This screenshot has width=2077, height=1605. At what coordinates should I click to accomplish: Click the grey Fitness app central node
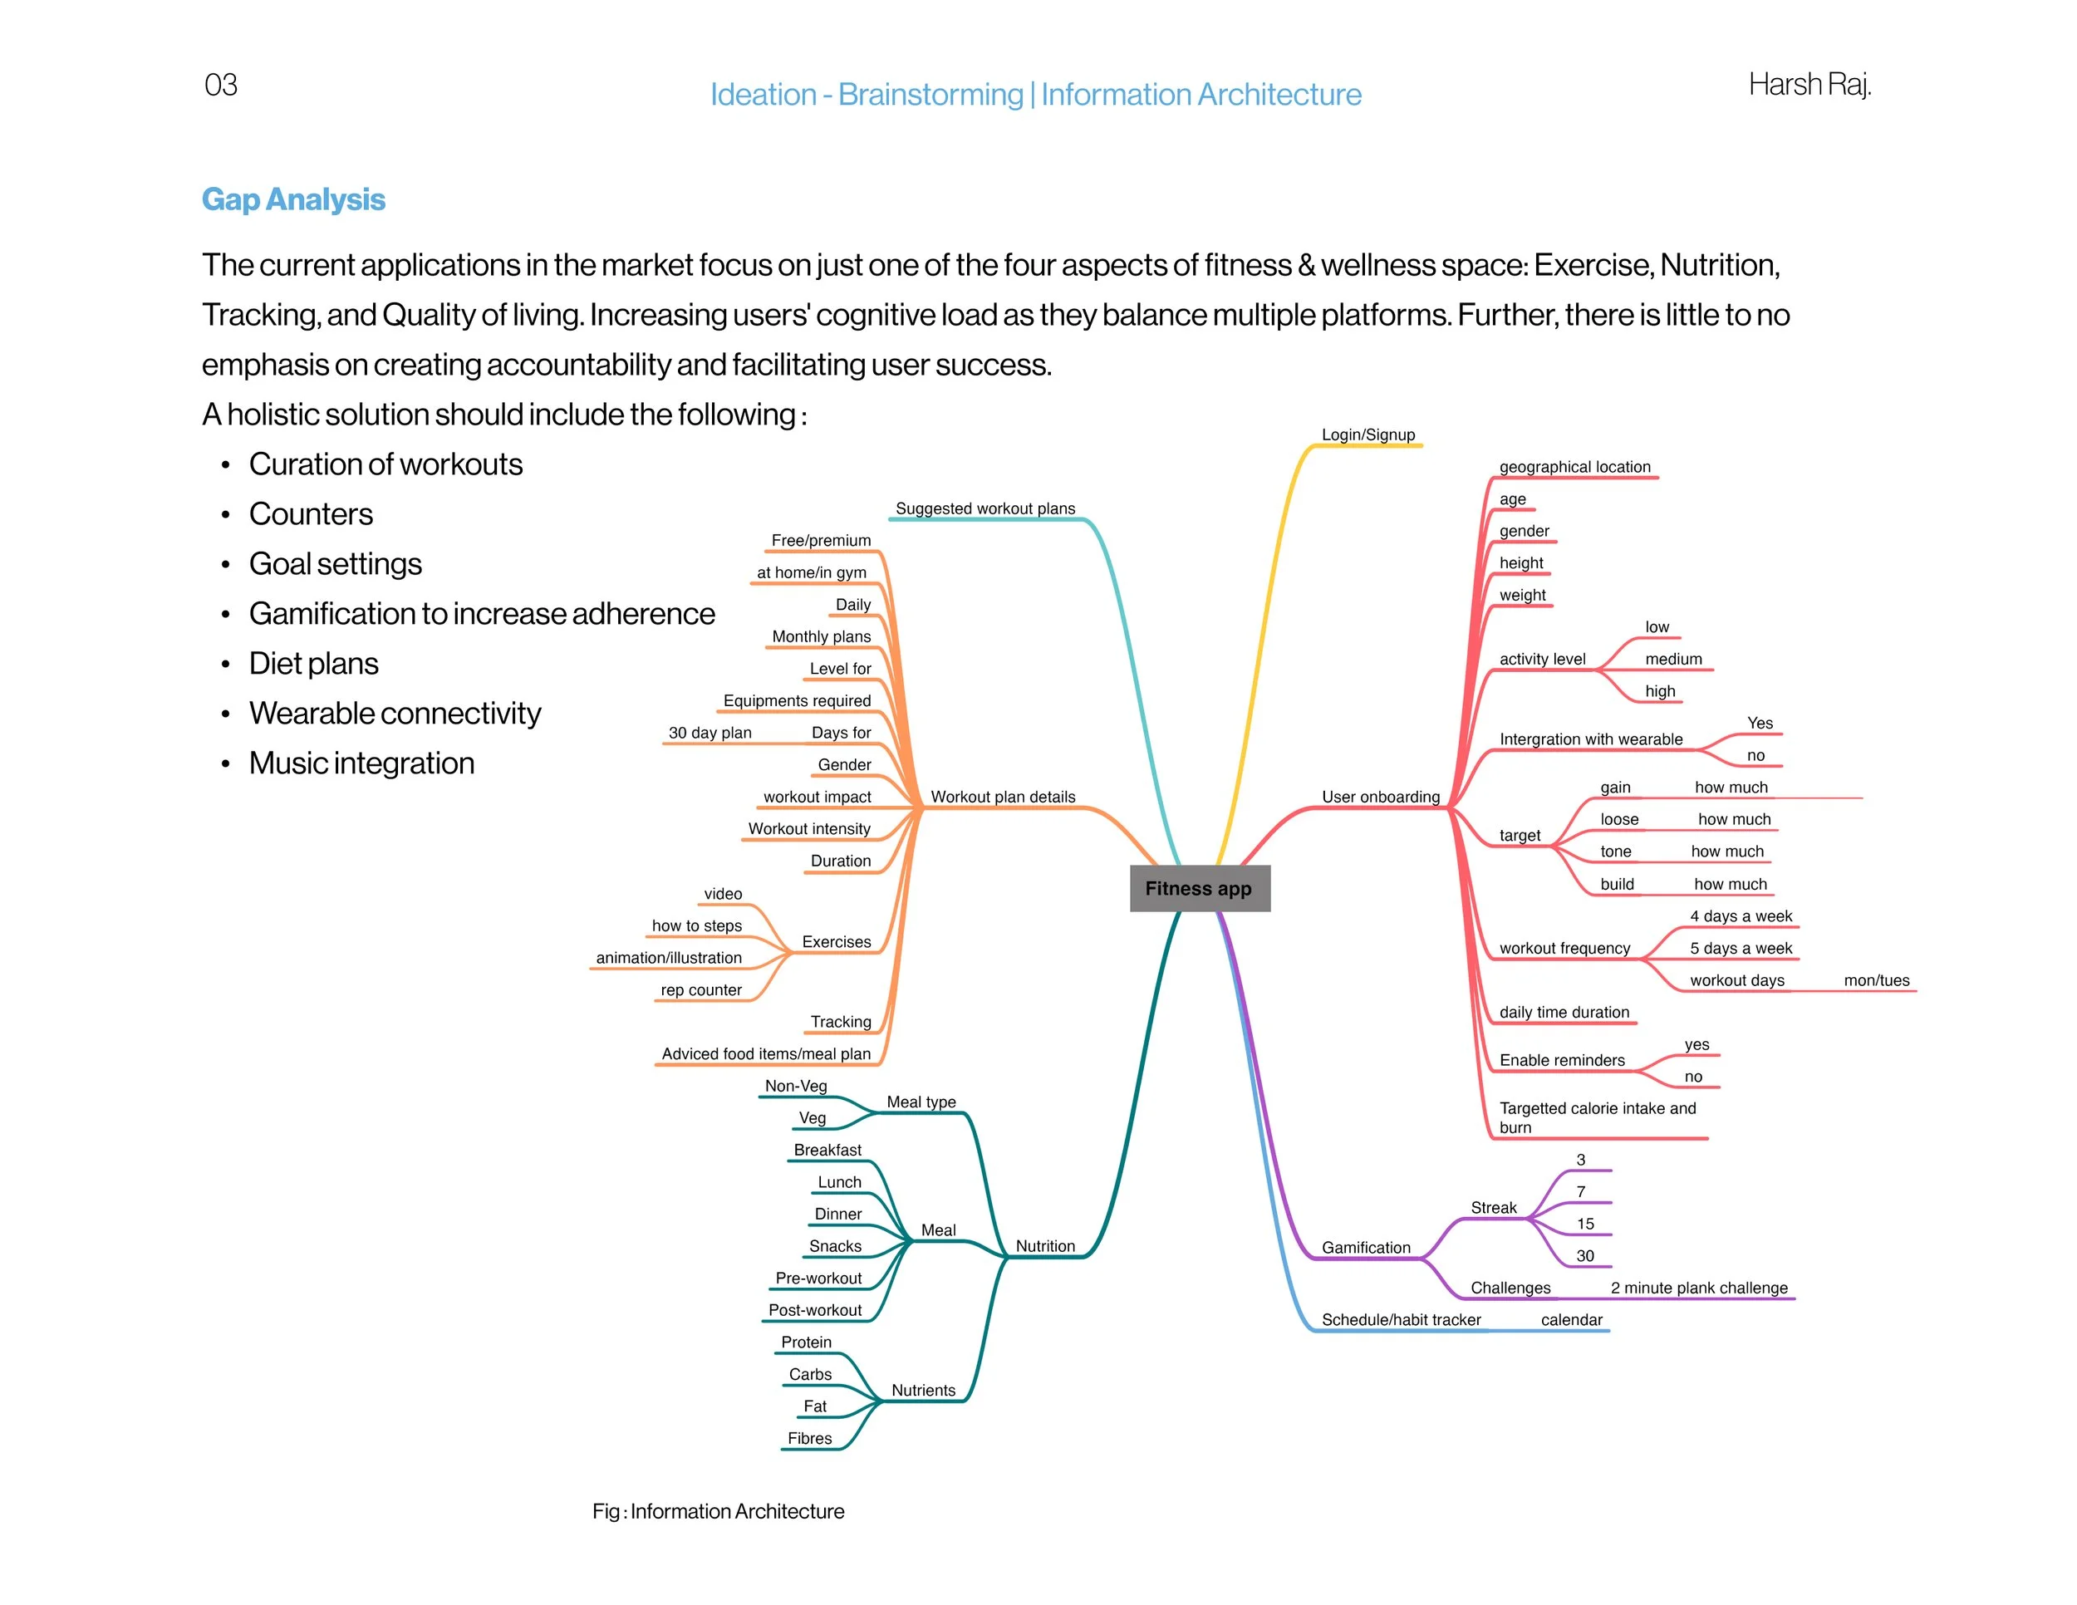coord(1199,888)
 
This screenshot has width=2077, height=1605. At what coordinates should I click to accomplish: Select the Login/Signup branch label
coord(1367,434)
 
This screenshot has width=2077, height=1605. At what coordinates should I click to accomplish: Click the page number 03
coord(221,86)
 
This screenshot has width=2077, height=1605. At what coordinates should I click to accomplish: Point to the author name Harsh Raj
coord(1809,85)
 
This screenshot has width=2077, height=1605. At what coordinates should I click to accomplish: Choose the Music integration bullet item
coord(361,763)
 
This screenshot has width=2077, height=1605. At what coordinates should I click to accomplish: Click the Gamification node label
coord(1366,1248)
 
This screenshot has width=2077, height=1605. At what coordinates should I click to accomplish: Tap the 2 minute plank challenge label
coord(1698,1288)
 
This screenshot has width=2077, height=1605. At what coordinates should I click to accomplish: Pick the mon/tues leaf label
coord(1875,980)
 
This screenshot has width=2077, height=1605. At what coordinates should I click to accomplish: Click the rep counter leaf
coord(701,989)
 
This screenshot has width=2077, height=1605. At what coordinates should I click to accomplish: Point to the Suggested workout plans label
coord(984,508)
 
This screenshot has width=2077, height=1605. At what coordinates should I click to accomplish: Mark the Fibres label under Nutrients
coord(809,1439)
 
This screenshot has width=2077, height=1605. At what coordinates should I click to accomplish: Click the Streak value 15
coord(1584,1224)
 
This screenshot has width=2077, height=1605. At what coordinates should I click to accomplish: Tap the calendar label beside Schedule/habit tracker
coord(1571,1320)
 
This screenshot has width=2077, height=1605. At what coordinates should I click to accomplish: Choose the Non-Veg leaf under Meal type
coord(796,1086)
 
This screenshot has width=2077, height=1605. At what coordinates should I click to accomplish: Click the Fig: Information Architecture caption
coord(718,1511)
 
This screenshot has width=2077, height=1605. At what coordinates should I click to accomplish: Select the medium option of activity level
coord(1673,659)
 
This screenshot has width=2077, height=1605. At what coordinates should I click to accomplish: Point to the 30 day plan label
coord(710,732)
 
